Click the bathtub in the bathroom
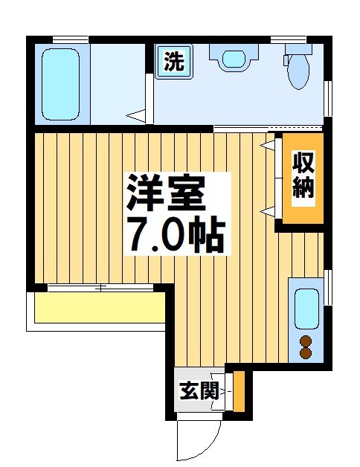click(x=60, y=83)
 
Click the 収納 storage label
click(x=303, y=175)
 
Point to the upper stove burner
click(x=306, y=341)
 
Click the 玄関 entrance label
click(x=199, y=389)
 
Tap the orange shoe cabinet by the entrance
click(x=239, y=390)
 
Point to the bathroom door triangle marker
click(x=136, y=115)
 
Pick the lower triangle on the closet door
click(x=266, y=213)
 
